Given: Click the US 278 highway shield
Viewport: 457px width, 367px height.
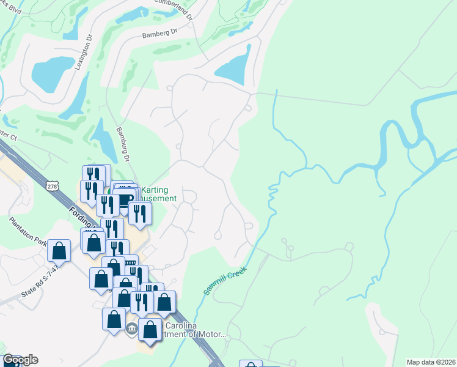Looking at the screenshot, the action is (x=52, y=184).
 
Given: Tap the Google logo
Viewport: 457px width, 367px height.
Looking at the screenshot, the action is (x=20, y=360).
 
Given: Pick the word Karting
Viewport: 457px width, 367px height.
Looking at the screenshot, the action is (x=155, y=190).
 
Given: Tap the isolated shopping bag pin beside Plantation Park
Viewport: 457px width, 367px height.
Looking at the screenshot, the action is (x=59, y=250).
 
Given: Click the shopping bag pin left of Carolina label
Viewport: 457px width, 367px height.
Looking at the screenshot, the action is (x=150, y=329).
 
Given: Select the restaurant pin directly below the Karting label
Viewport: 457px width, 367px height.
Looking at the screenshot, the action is (x=140, y=213).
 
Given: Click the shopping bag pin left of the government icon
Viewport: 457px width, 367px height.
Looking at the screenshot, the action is (x=114, y=319).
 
